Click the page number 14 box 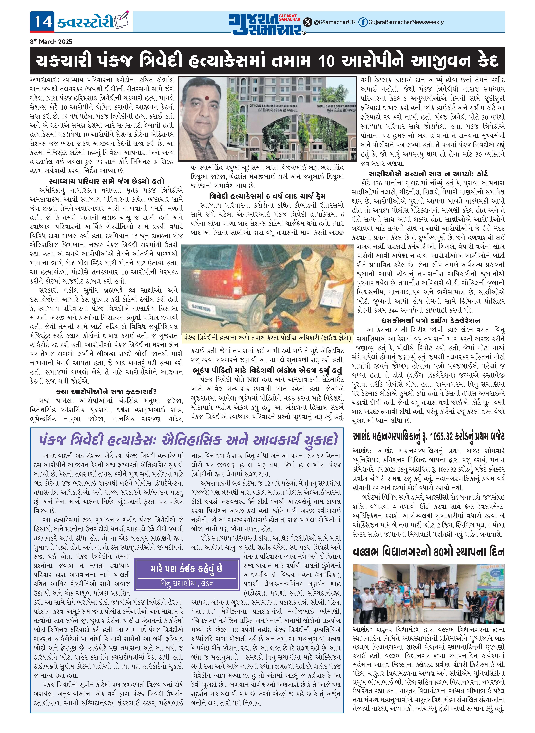point(42,22)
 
